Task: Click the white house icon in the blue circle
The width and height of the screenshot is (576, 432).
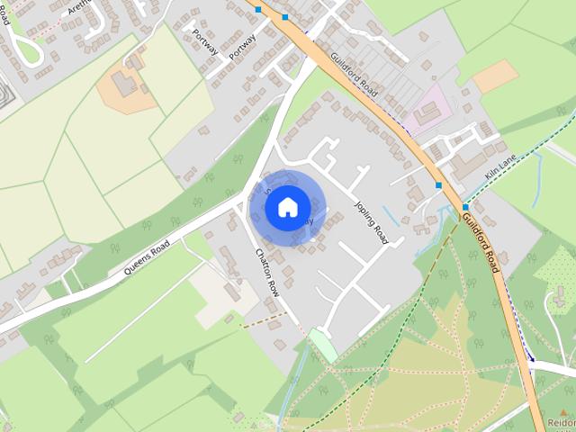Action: click(x=287, y=207)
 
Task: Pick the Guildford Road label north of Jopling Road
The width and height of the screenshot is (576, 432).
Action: click(x=353, y=74)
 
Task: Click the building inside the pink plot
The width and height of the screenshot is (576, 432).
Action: click(x=427, y=112)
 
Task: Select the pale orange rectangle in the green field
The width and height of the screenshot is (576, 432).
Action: click(x=495, y=76)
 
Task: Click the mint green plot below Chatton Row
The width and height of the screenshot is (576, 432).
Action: click(x=322, y=345)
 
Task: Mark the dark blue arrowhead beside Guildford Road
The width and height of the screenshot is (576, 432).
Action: click(x=531, y=358)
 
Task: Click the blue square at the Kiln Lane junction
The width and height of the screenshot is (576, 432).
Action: click(x=464, y=207)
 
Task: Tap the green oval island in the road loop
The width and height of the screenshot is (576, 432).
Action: click(x=28, y=49)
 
